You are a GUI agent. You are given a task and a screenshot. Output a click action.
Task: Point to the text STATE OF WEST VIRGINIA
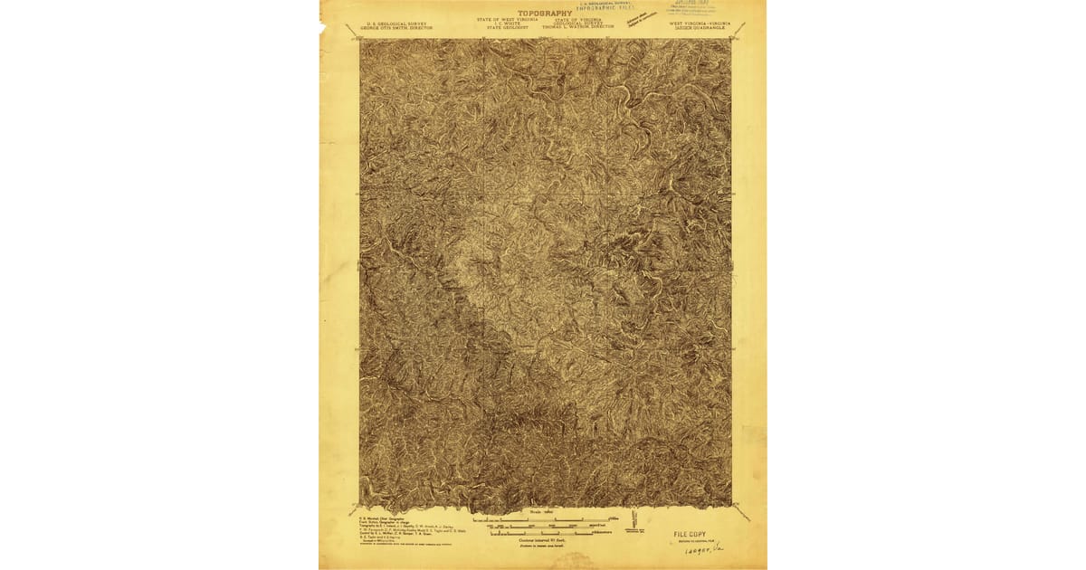[x=508, y=19]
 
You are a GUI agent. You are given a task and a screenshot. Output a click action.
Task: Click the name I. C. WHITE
[x=508, y=24]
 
